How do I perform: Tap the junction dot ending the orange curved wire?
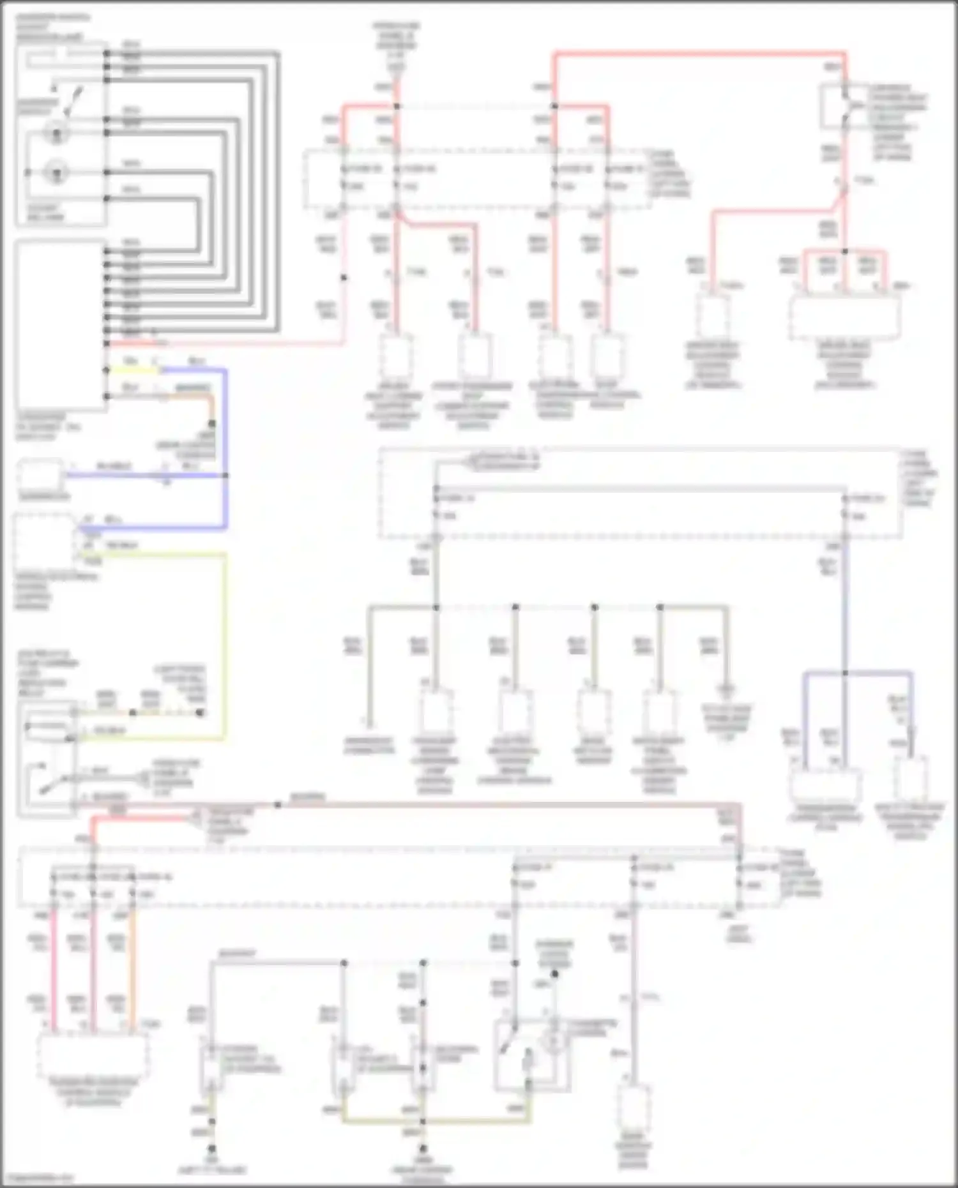(x=212, y=423)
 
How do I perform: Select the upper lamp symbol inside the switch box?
(x=57, y=133)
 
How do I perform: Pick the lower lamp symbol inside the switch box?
(x=57, y=172)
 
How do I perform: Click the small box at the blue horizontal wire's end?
(x=40, y=476)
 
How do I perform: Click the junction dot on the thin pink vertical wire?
(x=344, y=278)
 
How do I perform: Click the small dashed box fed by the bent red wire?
(x=713, y=316)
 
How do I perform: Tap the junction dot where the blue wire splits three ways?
(x=845, y=673)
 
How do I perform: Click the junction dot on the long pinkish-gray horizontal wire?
(x=278, y=805)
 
